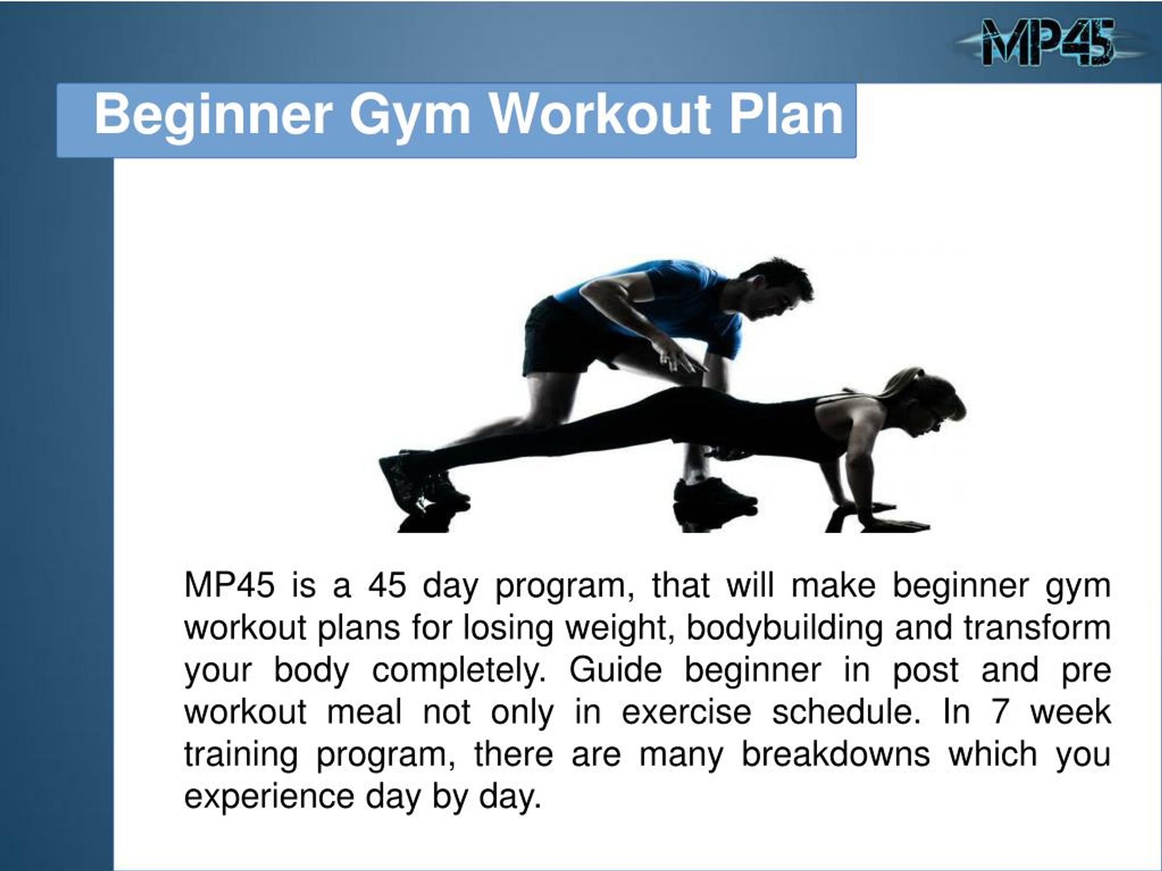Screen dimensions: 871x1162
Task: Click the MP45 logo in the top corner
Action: pyautogui.click(x=1049, y=42)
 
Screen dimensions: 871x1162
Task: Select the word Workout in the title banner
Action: pyautogui.click(x=599, y=114)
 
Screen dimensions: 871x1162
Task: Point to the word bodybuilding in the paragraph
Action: pyautogui.click(x=785, y=628)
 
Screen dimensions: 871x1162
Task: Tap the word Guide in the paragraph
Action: pyautogui.click(x=615, y=670)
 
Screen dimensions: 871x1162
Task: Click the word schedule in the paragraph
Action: pyautogui.click(x=846, y=712)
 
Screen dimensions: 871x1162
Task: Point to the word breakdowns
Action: pyautogui.click(x=835, y=754)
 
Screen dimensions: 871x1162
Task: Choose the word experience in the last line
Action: pyautogui.click(x=269, y=797)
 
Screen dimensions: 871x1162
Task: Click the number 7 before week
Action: pyautogui.click(x=1000, y=712)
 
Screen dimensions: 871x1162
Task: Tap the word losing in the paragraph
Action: pyautogui.click(x=507, y=628)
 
